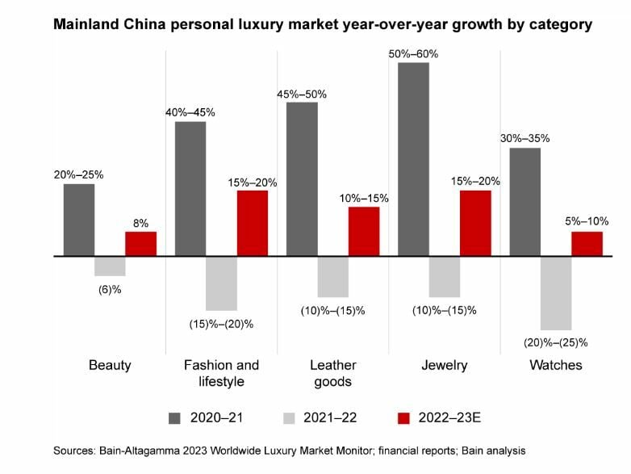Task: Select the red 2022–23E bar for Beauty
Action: [140, 244]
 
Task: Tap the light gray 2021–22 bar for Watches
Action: [556, 292]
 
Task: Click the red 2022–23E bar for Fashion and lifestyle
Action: [252, 224]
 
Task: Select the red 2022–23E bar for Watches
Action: [587, 244]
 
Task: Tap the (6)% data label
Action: [109, 288]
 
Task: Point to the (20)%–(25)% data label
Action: [557, 342]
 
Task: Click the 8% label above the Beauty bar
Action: [140, 224]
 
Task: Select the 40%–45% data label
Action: [190, 112]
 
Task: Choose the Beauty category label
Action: [110, 366]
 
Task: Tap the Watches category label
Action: [555, 366]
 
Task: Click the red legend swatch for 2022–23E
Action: [405, 417]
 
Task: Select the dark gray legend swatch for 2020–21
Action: [175, 417]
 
